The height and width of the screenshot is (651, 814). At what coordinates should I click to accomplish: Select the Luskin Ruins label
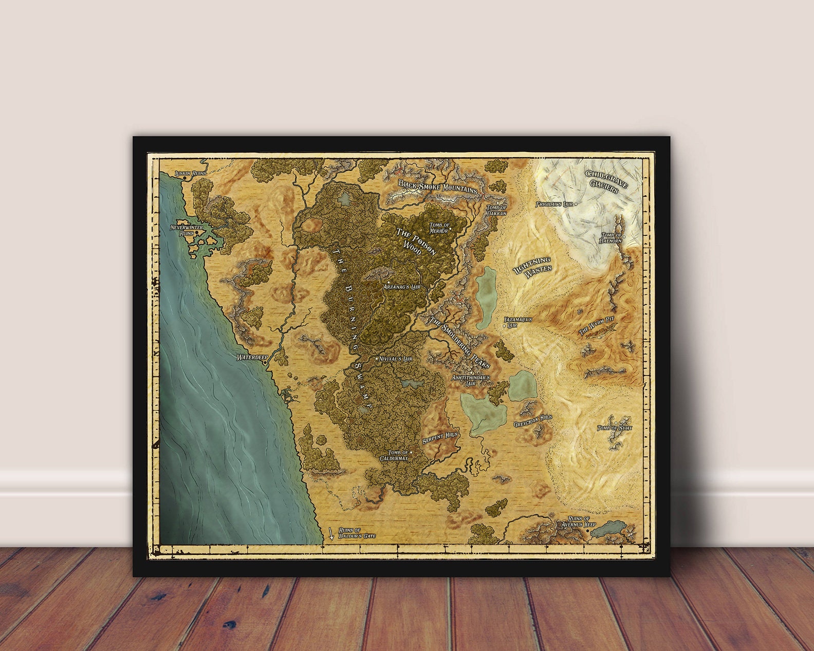tap(190, 173)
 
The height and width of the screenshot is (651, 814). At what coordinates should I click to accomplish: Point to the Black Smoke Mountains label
tap(438, 187)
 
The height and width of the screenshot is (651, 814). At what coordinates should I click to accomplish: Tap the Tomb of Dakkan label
tap(496, 210)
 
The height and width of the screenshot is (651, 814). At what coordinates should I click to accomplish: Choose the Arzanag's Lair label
tap(405, 287)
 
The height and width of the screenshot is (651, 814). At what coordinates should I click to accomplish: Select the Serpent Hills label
tap(439, 438)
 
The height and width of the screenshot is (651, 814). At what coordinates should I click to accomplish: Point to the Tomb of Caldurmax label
tap(394, 455)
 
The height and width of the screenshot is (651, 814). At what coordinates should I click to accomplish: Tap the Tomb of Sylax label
tap(615, 427)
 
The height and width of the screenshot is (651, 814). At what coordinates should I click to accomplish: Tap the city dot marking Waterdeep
tap(265, 363)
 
